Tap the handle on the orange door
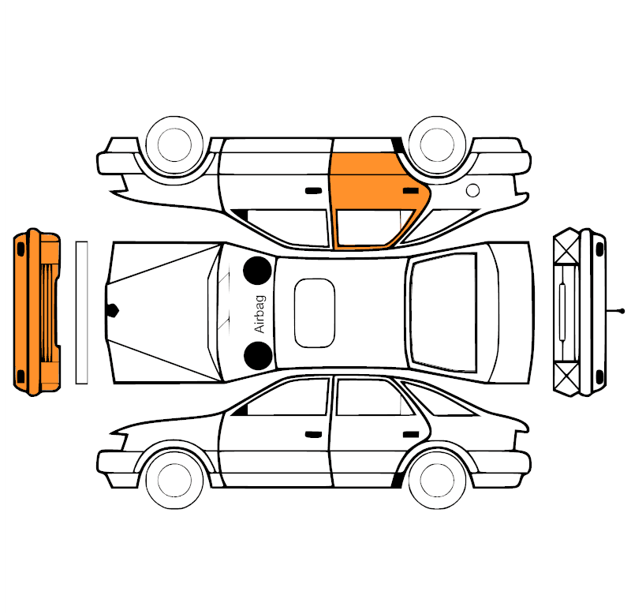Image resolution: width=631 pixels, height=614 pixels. pyautogui.click(x=411, y=190)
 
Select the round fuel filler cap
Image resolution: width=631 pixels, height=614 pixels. pyautogui.click(x=472, y=190)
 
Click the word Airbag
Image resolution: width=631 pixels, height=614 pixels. pyautogui.click(x=260, y=314)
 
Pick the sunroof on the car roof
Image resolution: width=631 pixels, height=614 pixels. pyautogui.click(x=314, y=313)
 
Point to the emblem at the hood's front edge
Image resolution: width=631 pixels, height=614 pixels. pyautogui.click(x=112, y=310)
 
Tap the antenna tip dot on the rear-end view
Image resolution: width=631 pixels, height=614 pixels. pyautogui.click(x=622, y=311)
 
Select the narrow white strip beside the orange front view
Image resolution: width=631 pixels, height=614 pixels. pyautogui.click(x=82, y=313)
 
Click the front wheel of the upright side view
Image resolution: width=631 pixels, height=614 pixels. pyautogui.click(x=174, y=480)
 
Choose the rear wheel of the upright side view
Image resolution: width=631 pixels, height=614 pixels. pyautogui.click(x=437, y=480)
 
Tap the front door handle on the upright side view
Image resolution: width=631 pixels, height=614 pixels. pyautogui.click(x=313, y=434)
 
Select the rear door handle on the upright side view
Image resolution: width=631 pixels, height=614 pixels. pyautogui.click(x=411, y=434)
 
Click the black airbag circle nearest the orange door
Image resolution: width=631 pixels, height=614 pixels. pyautogui.click(x=258, y=271)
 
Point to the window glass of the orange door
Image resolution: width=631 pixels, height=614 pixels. pyautogui.click(x=372, y=227)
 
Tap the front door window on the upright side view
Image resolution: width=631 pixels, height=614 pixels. pyautogui.click(x=288, y=398)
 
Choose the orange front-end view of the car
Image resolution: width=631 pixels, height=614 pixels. pyautogui.click(x=37, y=313)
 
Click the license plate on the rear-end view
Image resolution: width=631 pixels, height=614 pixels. pyautogui.click(x=562, y=312)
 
